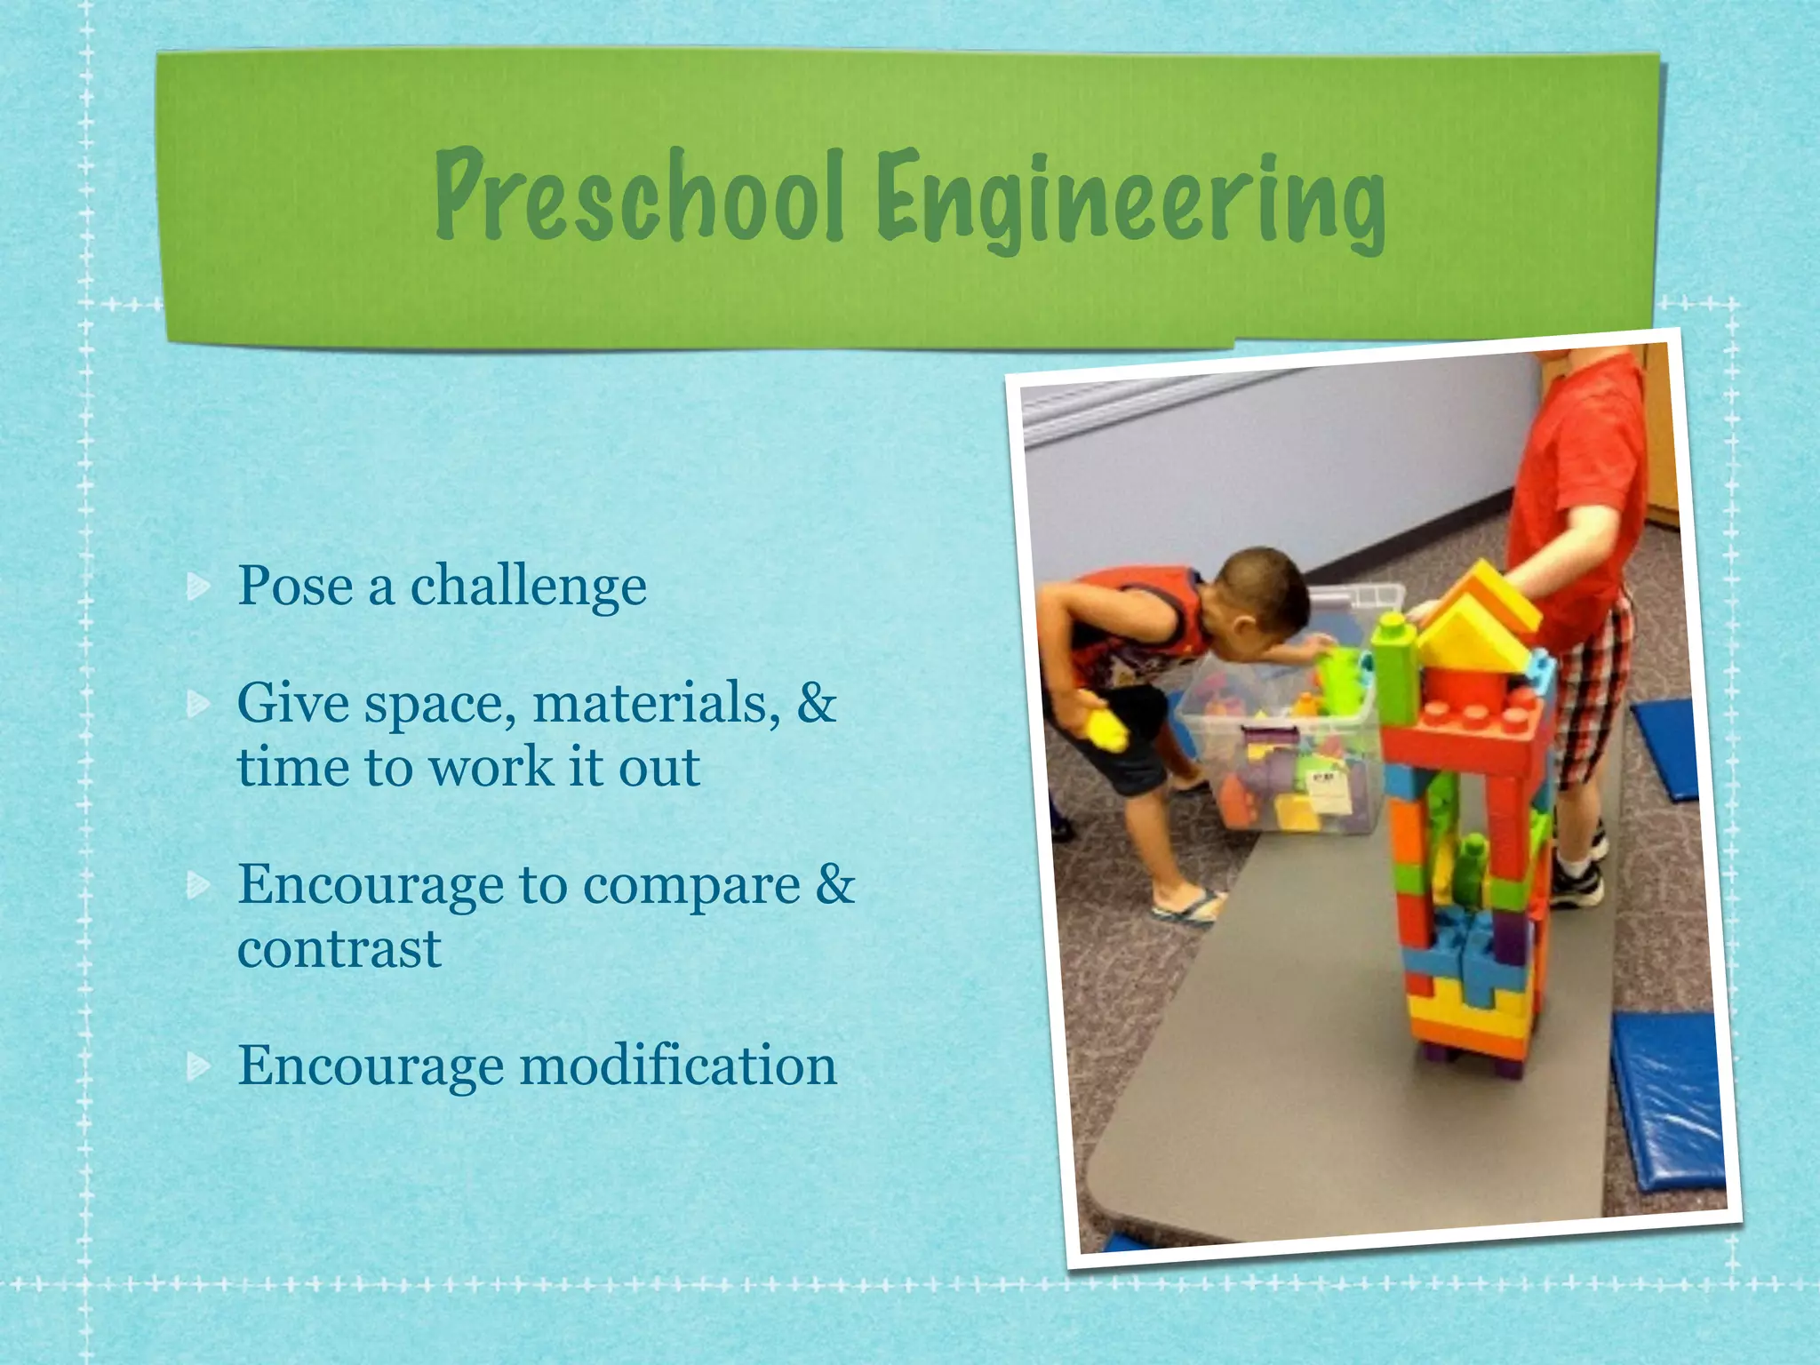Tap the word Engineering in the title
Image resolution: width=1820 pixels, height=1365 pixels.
point(1130,203)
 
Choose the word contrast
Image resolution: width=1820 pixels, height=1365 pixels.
point(339,949)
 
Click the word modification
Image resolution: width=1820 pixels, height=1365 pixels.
point(678,1066)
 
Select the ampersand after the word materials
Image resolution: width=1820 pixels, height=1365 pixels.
point(817,702)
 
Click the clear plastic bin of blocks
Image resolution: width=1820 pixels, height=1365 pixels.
point(1280,755)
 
